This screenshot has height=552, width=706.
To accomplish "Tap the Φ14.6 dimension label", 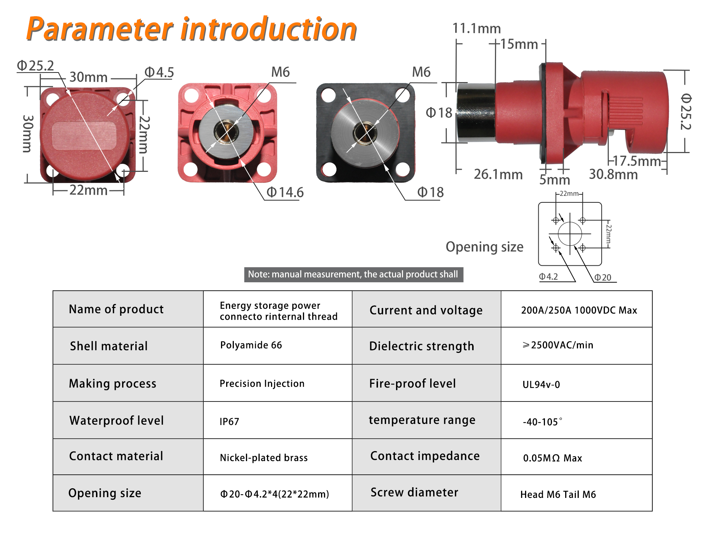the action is tap(285, 192).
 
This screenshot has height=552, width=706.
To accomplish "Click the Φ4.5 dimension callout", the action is tap(159, 72).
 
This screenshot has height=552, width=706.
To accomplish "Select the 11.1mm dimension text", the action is tap(477, 28).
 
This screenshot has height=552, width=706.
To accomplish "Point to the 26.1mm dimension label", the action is tap(498, 174).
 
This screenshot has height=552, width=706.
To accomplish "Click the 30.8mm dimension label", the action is tap(613, 174).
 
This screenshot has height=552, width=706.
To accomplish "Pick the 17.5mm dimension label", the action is tap(637, 161).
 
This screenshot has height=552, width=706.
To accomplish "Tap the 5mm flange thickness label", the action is tap(555, 180).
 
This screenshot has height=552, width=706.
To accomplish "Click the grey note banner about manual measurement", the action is tap(354, 275).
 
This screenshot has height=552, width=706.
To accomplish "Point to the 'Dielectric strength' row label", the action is tap(422, 346).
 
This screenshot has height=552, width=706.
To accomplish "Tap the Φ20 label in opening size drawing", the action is tap(603, 277).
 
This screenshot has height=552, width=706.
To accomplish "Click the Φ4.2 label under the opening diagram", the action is tap(549, 277).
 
